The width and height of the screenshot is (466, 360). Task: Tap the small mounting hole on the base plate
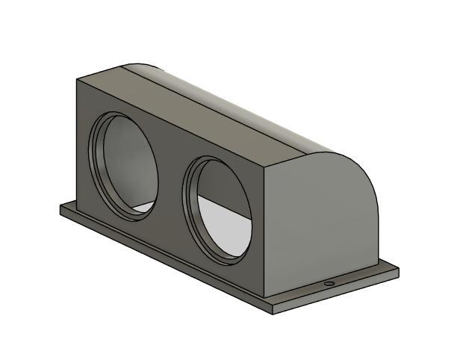[329, 285]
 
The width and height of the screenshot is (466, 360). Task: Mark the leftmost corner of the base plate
[60, 208]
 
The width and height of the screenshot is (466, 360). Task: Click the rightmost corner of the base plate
[399, 270]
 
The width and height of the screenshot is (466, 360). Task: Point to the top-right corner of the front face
[266, 167]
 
